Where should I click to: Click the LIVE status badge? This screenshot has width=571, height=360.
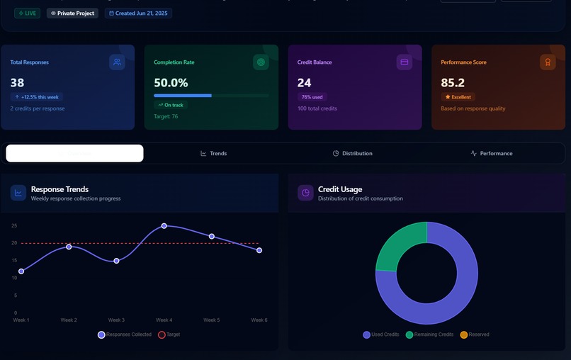[27, 13]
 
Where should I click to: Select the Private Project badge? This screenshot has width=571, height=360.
[72, 13]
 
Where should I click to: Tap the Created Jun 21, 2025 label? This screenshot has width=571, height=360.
[138, 13]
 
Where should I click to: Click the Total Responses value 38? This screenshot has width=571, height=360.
[18, 83]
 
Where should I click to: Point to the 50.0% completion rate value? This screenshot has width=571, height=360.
[171, 83]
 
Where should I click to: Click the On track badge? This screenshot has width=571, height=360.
[171, 105]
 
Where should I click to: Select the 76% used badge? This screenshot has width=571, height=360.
[312, 97]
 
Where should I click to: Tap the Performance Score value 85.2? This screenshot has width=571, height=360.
[453, 83]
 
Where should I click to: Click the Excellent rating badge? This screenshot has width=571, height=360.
[458, 97]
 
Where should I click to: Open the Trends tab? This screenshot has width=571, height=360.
[214, 154]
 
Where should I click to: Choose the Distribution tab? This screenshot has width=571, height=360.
[353, 154]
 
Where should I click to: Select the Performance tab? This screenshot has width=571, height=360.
[492, 154]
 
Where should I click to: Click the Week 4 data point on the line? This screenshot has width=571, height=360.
[164, 226]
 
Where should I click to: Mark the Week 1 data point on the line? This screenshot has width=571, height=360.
[21, 271]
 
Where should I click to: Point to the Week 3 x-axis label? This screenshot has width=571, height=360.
[116, 320]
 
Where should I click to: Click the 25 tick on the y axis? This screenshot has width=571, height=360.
[13, 226]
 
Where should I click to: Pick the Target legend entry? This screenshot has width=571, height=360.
[169, 334]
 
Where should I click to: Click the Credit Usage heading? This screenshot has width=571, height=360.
[340, 189]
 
